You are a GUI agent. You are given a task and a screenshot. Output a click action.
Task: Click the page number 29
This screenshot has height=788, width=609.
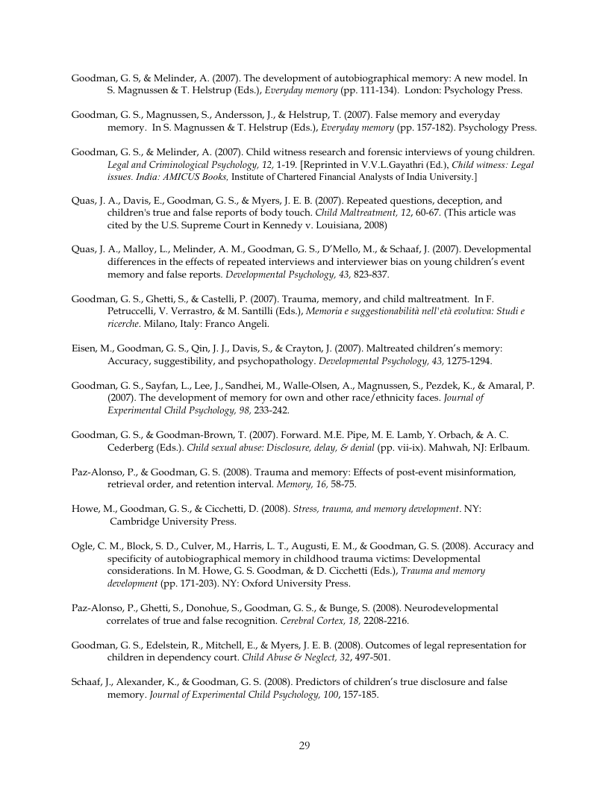click(304, 745)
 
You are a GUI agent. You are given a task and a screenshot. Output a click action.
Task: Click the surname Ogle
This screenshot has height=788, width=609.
click(83, 545)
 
